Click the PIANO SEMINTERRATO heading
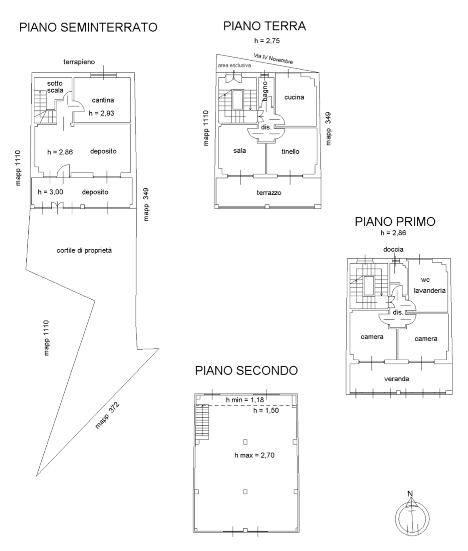pos(88,28)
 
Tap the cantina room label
pos(103,100)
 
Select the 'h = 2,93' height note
pos(101,113)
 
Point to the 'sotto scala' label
pos(55,87)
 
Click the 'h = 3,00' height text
pos(50,192)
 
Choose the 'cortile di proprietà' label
pos(84,250)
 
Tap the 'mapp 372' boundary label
pos(107,416)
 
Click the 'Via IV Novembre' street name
pos(273,58)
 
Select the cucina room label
pos(294,97)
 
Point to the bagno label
pos(265,91)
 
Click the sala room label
pos(239,151)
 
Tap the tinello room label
pos(290,152)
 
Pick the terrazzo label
pos(269,193)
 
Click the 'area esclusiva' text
pos(234,66)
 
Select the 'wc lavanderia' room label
pos(429,285)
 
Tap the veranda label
pos(396,379)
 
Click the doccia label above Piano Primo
pos(393,249)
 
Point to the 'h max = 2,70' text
pos(254,455)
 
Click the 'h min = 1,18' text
pos(245,400)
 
